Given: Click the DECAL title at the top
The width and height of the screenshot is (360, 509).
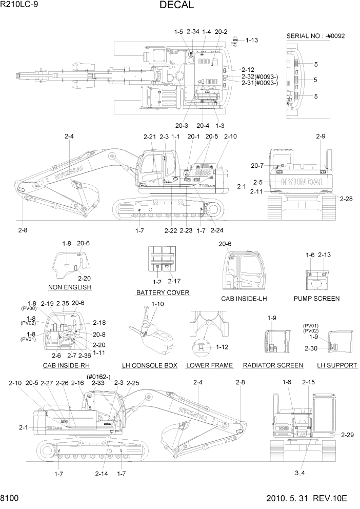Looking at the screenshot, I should coord(176,6).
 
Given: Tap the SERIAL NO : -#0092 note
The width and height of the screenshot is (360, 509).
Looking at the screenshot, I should coord(315,36).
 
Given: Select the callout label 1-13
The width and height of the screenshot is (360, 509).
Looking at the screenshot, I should coord(252,40).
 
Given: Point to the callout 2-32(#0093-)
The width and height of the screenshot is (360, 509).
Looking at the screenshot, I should coord(259,76).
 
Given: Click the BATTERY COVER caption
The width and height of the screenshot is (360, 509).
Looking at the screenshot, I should coord(163,292).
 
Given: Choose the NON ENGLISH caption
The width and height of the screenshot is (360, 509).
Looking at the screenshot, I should coord(70,287).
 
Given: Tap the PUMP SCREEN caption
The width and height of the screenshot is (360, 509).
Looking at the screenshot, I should coord(316,299).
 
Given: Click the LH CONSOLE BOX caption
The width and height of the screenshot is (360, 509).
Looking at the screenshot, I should coord(149,365).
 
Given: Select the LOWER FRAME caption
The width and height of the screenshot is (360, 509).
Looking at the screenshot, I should coord(209,365).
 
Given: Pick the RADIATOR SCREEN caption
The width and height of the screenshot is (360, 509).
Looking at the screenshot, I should coord(273,365).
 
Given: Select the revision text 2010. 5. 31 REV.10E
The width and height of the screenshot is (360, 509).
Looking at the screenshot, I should coord(307,498).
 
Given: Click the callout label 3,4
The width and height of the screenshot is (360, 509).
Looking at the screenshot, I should coord(301,473).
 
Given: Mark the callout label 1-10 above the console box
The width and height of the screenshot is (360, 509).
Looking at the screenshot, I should coord(158,304).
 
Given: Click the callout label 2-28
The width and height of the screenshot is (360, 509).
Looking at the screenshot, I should coord(346,199).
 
